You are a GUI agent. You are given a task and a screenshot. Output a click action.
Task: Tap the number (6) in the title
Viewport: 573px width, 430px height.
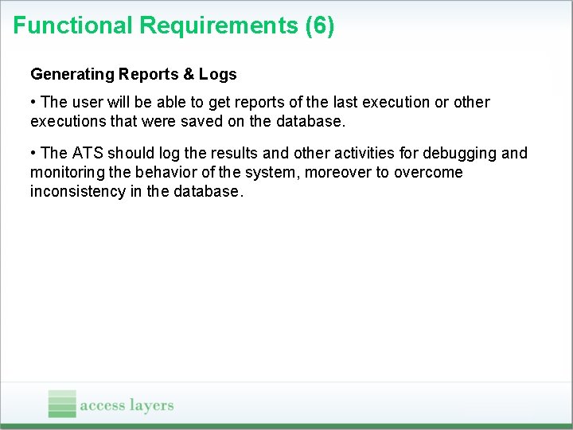pos(320,25)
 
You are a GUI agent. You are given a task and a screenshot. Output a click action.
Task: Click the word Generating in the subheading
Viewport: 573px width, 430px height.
pos(72,75)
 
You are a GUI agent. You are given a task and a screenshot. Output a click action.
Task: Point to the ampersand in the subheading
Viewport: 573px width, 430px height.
pos(188,75)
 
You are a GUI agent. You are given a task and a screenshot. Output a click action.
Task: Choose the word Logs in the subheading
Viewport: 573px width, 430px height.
pos(218,75)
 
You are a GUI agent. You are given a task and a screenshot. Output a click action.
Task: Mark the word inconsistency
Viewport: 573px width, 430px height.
pos(76,192)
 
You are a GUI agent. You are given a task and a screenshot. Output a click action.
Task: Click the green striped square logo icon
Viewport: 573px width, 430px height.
pos(62,404)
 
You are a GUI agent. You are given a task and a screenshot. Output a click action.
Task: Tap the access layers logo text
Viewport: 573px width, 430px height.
pos(127,405)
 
